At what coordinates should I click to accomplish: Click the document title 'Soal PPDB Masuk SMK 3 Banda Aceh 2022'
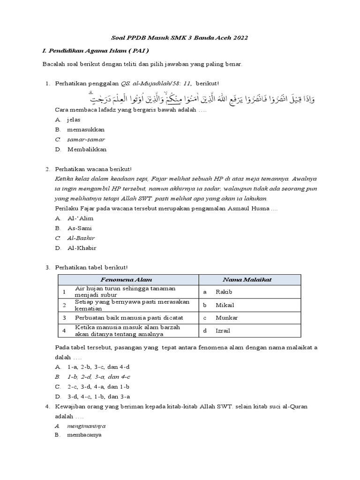(180, 37)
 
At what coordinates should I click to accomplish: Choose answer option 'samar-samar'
(86, 139)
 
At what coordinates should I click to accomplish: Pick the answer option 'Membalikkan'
(87, 149)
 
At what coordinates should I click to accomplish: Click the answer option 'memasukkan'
(86, 129)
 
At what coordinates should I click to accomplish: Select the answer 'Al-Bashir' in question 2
(81, 238)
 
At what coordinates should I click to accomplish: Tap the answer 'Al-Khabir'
(82, 248)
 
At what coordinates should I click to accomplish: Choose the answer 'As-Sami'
(80, 228)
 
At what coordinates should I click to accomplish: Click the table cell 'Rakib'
(224, 292)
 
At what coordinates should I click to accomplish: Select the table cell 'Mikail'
(224, 305)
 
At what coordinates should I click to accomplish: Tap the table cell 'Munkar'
(226, 318)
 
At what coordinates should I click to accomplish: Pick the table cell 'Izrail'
(223, 331)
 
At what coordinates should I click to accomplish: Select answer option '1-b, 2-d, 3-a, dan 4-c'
(98, 376)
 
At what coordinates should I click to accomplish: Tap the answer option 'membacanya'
(84, 435)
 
